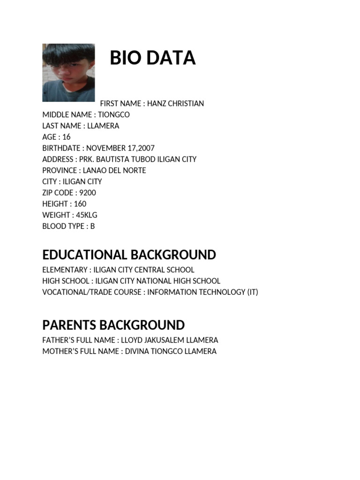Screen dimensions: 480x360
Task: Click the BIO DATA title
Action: tap(152, 58)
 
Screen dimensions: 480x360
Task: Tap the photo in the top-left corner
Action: tap(68, 73)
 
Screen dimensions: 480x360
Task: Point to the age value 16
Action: tap(66, 137)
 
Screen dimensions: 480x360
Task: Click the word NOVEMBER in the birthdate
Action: tap(105, 148)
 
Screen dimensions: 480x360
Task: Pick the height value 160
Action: tap(80, 204)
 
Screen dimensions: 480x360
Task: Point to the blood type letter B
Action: tap(92, 226)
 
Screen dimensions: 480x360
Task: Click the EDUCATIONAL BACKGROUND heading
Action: tap(129, 255)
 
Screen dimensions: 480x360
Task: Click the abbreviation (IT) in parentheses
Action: tap(252, 292)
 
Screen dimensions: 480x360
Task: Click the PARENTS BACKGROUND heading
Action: tap(113, 325)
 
